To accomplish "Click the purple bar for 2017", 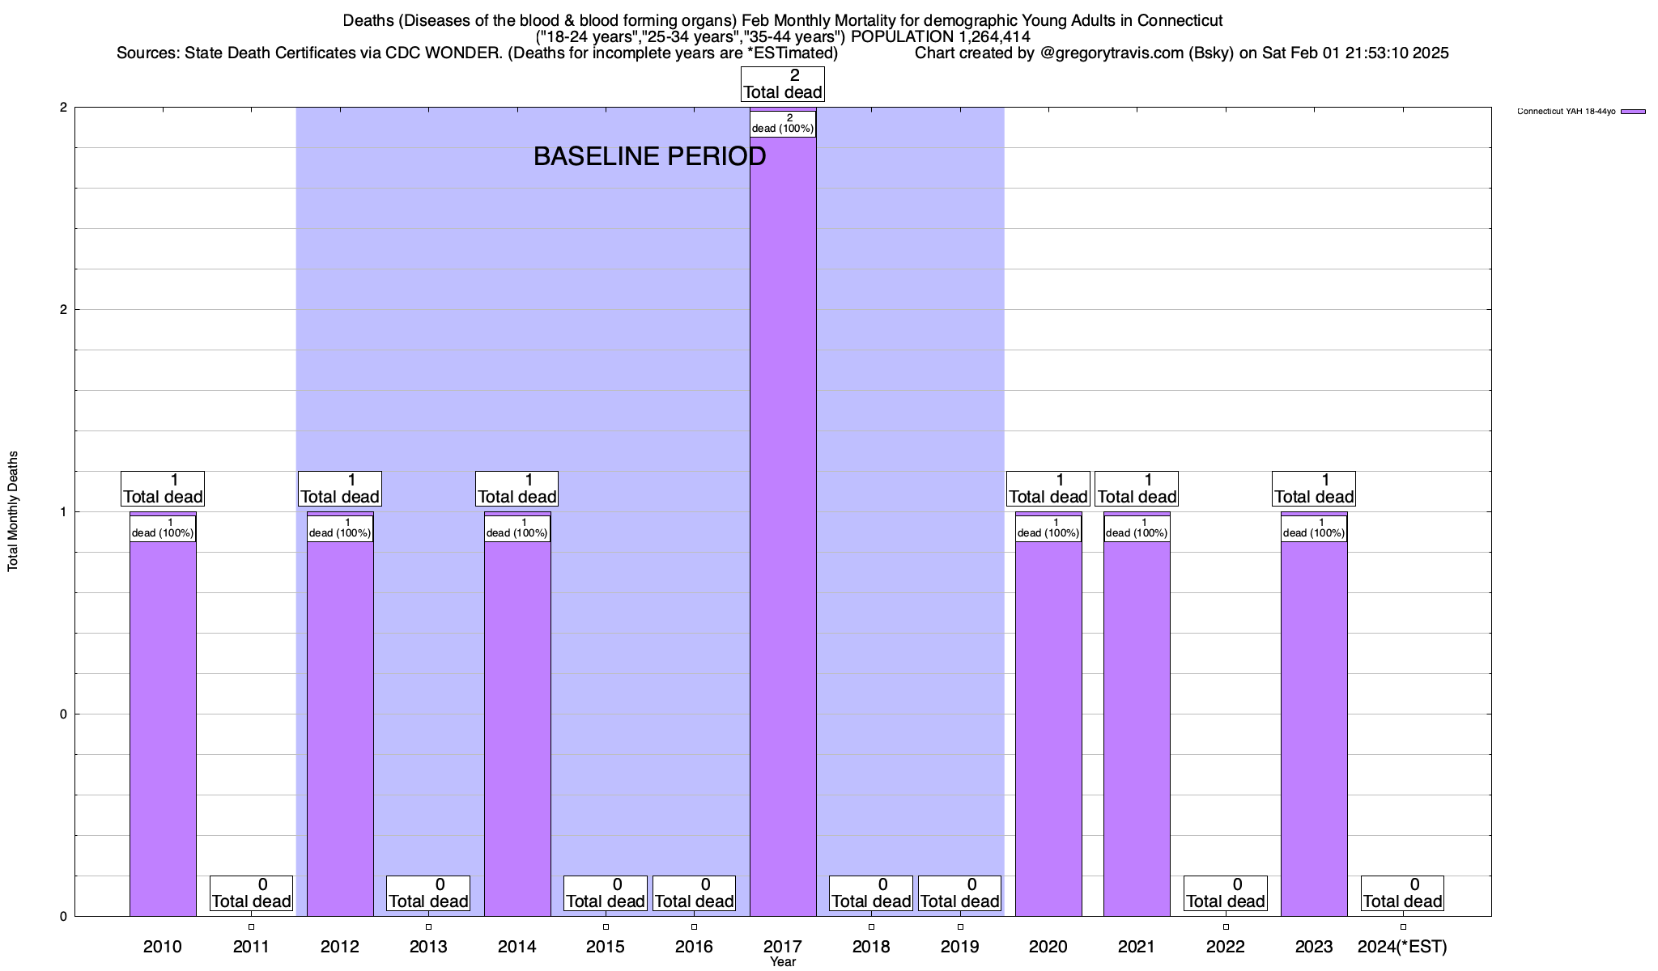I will click(x=782, y=526).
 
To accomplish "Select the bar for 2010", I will click(x=163, y=728).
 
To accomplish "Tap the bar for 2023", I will click(x=1313, y=728).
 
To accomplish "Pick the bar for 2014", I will click(x=517, y=728).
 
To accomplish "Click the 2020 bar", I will click(x=1048, y=728).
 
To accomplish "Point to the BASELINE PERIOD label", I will click(x=649, y=156).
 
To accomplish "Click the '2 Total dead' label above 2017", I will click(x=782, y=84).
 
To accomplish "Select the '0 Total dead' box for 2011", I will click(x=251, y=893).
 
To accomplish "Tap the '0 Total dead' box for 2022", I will click(x=1225, y=893).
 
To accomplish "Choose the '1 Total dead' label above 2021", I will click(x=1137, y=489).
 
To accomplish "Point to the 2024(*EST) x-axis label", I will click(x=1402, y=947).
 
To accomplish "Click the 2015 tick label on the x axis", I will click(x=606, y=947).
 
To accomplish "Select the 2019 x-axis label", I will click(x=960, y=947).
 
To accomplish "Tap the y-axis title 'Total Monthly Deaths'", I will click(x=13, y=511).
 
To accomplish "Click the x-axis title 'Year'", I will click(x=783, y=962).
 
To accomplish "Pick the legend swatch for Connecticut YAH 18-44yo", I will click(x=1633, y=112).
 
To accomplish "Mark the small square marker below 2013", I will click(x=428, y=927).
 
